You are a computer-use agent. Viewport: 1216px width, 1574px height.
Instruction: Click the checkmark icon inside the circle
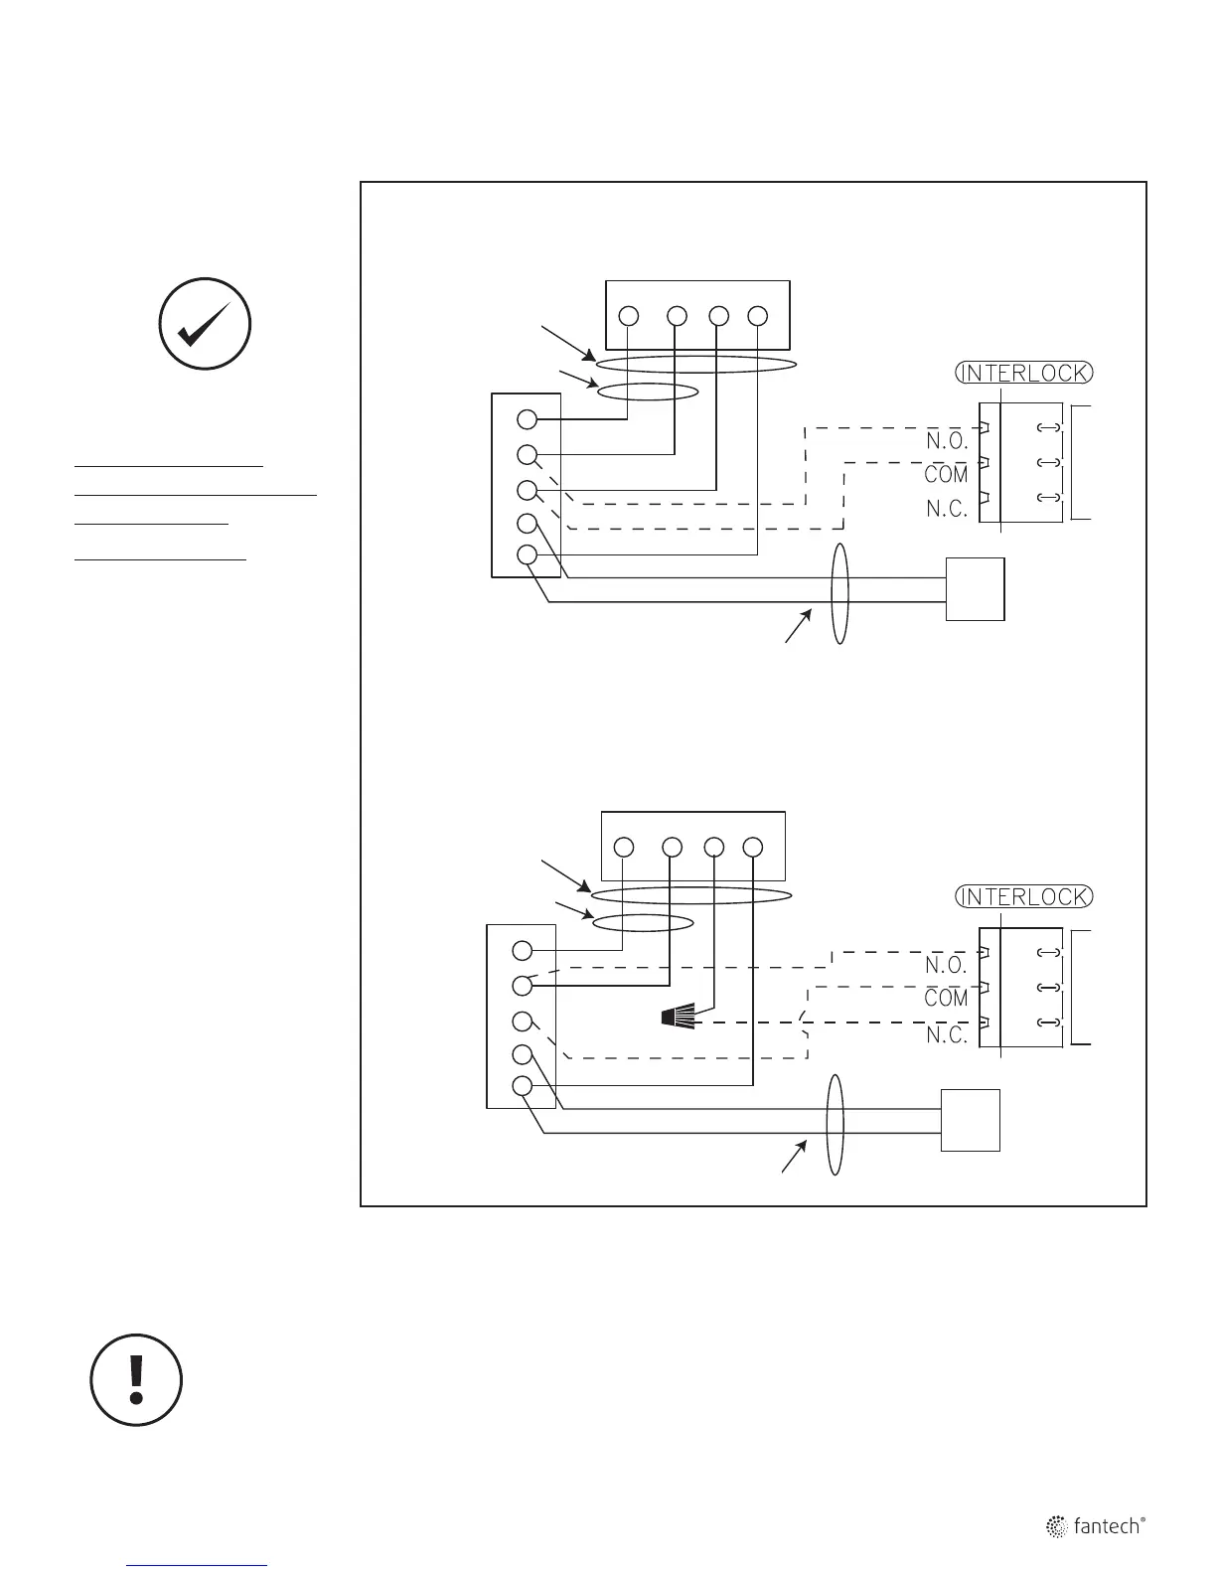click(206, 324)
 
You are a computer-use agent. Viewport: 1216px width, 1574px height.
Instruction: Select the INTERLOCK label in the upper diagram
click(1024, 373)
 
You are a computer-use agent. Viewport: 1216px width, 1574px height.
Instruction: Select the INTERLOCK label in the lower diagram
click(1024, 896)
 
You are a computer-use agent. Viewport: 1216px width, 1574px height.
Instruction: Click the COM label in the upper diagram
click(946, 475)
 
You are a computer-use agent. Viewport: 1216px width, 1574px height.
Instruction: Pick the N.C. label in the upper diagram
click(946, 509)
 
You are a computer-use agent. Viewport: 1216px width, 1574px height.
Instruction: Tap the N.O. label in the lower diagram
click(946, 965)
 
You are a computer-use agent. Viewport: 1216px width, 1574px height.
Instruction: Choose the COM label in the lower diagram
click(946, 999)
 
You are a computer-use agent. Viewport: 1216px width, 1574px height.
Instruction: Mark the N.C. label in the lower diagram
click(946, 1034)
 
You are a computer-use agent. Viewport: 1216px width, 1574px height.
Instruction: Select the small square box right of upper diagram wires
click(975, 589)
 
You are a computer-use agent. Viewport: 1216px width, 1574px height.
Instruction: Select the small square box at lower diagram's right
click(971, 1120)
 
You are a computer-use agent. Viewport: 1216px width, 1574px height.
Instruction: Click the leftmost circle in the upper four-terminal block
click(628, 316)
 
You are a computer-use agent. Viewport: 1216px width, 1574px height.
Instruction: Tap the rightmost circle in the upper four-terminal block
click(758, 316)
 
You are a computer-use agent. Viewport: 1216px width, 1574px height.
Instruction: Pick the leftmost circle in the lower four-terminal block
click(624, 848)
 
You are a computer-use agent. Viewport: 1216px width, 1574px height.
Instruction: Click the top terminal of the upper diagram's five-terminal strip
click(528, 419)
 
